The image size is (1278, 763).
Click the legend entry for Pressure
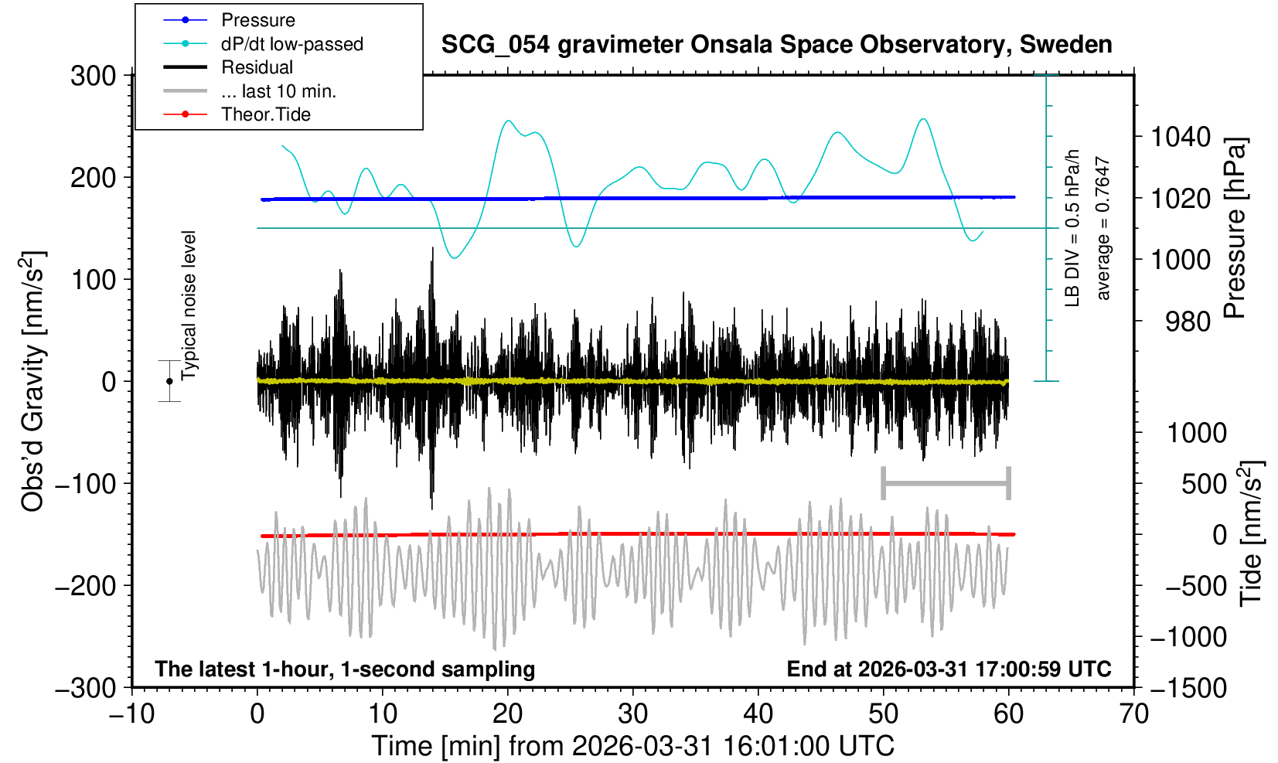[x=257, y=20]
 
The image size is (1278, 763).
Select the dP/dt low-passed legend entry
[x=291, y=44]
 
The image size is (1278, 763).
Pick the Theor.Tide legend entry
[x=265, y=114]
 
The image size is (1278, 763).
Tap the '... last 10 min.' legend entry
[x=278, y=91]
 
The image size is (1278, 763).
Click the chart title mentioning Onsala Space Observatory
[x=776, y=45]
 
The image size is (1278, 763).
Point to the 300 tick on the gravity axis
[x=93, y=76]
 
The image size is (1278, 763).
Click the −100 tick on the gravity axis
[x=85, y=484]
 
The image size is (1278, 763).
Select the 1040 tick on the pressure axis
[x=1181, y=138]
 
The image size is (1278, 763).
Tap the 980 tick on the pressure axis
[x=1188, y=321]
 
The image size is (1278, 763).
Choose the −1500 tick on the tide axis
[x=1188, y=687]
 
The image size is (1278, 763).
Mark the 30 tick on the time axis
[x=632, y=713]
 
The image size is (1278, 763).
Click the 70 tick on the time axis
[x=1133, y=713]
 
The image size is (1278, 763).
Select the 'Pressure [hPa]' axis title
[x=1235, y=229]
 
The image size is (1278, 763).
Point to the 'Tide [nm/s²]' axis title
[x=1250, y=533]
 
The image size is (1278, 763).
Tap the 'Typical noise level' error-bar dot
[x=169, y=381]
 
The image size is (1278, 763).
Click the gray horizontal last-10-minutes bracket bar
[x=946, y=484]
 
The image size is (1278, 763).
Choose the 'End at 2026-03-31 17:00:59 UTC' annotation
[x=949, y=669]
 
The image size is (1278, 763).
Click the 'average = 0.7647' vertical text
[x=1103, y=229]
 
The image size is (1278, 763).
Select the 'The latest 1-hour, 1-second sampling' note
[x=345, y=669]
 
